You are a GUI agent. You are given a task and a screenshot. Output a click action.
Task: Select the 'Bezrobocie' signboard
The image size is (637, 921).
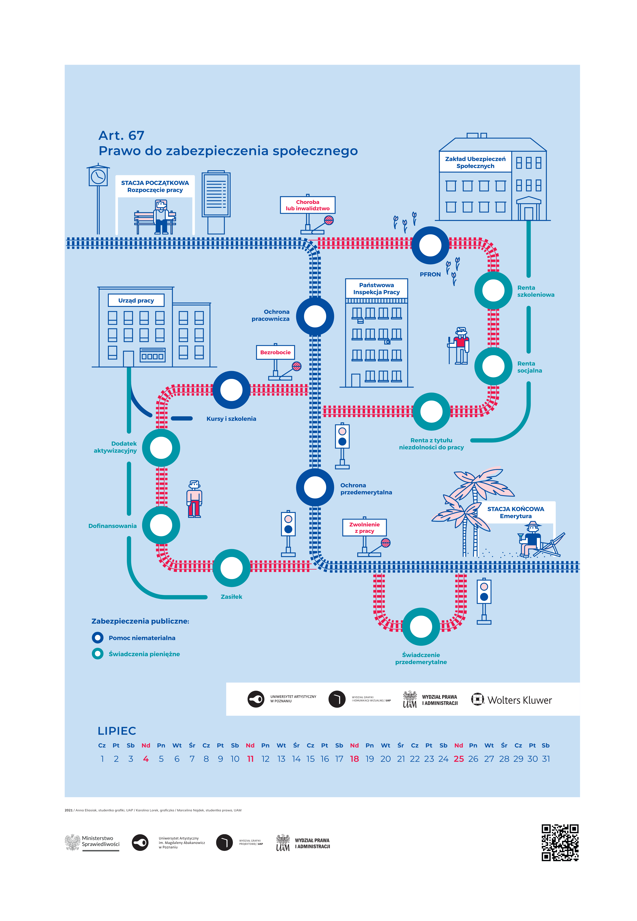pos(275,352)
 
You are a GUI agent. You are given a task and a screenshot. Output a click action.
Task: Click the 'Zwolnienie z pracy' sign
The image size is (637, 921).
pos(364,527)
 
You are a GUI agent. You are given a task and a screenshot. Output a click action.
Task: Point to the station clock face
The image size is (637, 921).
pos(98,176)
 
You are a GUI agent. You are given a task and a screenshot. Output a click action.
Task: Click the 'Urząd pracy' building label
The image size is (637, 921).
pos(136,300)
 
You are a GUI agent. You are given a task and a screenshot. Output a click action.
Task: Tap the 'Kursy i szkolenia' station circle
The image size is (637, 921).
pos(231,390)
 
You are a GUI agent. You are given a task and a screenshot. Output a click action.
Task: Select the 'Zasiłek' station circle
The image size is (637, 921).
pos(231,568)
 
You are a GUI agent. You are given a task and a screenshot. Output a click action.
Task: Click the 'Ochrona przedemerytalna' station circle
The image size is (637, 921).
pos(315,487)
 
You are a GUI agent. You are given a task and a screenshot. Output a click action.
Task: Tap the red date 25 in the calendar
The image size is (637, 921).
pos(459,759)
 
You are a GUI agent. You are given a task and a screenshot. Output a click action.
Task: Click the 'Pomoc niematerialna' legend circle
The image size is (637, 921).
pos(98,638)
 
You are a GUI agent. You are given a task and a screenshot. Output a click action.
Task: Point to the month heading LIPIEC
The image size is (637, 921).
pos(117,731)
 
